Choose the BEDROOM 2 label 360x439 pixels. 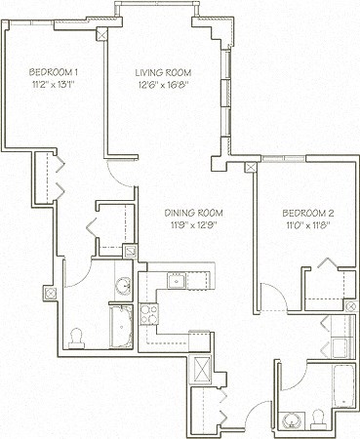pos(308,213)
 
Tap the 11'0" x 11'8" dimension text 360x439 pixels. pos(308,225)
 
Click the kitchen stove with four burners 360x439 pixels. pos(150,314)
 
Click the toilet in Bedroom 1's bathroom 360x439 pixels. pos(77,336)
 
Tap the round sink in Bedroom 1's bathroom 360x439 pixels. pos(123,285)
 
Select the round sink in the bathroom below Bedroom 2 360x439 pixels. pos(291,419)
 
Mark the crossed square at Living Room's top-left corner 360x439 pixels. pos(103,31)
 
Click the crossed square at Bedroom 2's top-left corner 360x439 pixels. pos(253,167)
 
